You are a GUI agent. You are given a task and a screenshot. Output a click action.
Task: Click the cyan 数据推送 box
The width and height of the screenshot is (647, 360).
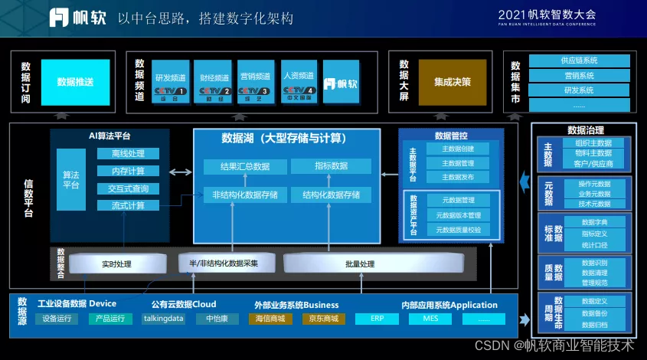point(75,81)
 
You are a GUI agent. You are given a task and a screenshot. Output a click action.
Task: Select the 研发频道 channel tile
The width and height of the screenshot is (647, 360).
point(170,82)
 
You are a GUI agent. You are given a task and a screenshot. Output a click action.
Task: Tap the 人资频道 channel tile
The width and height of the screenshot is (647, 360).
point(298,82)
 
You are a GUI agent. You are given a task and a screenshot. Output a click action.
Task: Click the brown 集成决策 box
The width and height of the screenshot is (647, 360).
point(452,82)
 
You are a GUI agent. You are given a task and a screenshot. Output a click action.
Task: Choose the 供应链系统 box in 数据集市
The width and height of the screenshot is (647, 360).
point(579,60)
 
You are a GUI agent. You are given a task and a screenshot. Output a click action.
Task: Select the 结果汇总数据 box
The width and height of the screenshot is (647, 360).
point(245,166)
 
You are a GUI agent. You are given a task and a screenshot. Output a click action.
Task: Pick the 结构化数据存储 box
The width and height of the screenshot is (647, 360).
point(331,195)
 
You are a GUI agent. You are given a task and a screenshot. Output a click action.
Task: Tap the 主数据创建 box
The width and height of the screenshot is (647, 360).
point(458,149)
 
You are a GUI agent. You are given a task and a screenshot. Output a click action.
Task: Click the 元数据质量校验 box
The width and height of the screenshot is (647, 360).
point(458,229)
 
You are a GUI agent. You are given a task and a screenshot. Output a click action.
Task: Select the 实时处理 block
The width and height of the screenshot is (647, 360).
point(116,264)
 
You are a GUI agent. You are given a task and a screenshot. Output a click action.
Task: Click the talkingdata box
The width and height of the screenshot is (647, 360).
point(164,319)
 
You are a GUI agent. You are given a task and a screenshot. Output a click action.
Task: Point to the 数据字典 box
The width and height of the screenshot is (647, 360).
point(594,221)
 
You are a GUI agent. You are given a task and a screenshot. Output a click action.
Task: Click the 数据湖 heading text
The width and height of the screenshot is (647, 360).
point(284,139)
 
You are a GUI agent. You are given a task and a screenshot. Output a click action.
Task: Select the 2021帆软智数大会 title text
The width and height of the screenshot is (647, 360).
point(546,15)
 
